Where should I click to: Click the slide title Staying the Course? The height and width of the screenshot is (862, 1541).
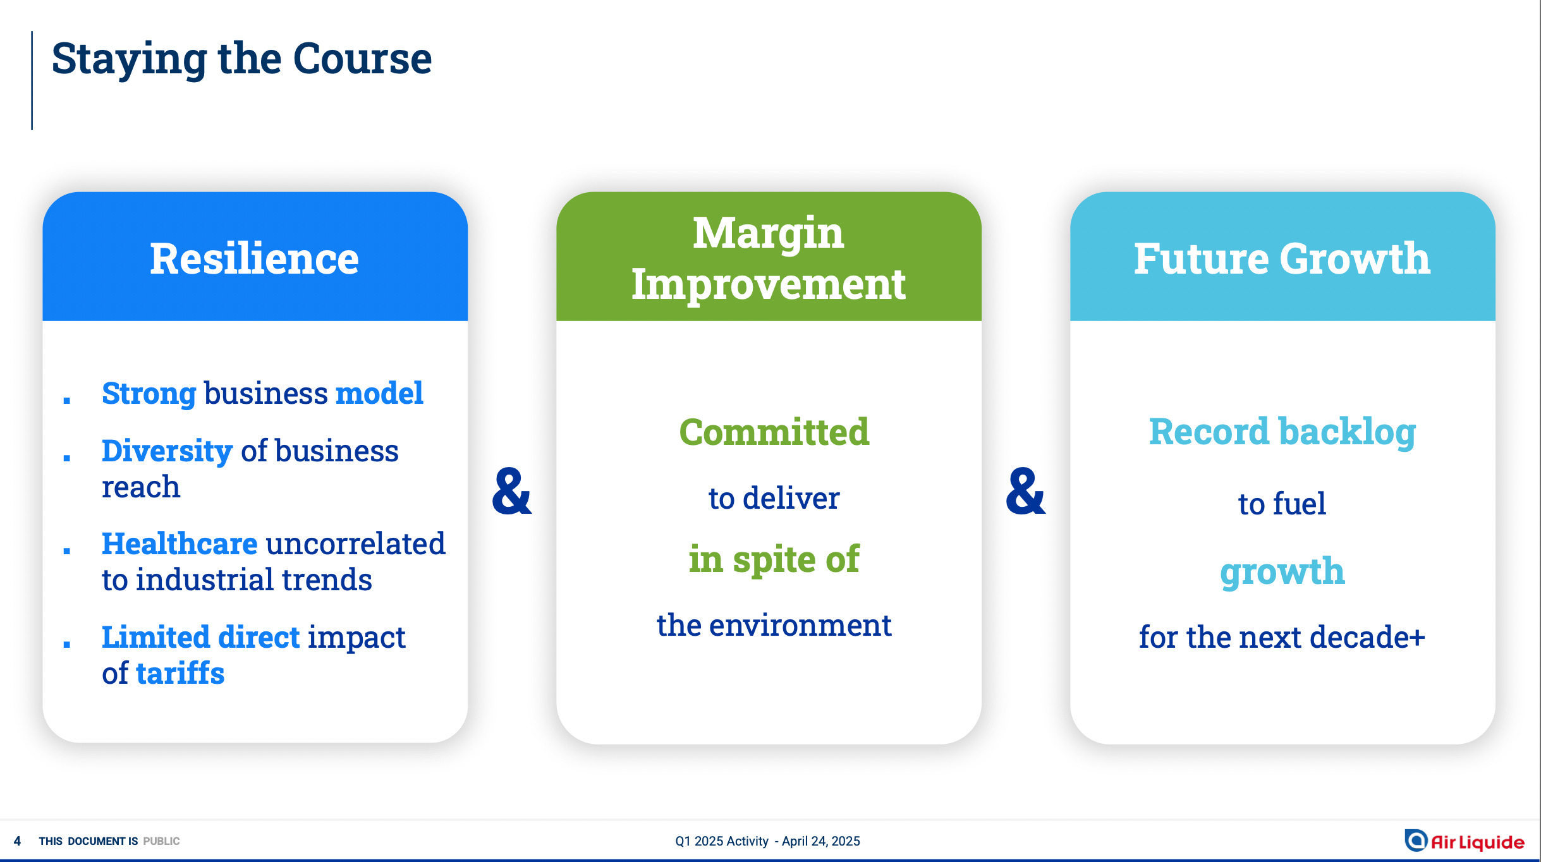[241, 59]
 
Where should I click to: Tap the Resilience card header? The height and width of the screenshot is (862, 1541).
[255, 257]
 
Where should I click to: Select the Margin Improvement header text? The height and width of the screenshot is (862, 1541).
[769, 258]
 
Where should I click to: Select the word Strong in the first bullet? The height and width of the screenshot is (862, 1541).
[149, 394]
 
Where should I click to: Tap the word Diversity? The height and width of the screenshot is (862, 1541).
[167, 451]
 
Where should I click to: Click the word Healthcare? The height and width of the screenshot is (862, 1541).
[180, 543]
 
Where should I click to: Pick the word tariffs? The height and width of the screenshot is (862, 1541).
[181, 673]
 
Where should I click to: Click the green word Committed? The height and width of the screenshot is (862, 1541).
[774, 432]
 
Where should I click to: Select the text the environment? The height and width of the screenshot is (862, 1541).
[774, 625]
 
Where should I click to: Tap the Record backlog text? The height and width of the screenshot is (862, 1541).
[1282, 432]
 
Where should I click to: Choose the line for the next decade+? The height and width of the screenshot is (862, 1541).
[1282, 637]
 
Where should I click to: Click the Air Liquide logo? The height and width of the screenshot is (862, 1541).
[1464, 841]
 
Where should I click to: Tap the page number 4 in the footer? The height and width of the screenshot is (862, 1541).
[17, 841]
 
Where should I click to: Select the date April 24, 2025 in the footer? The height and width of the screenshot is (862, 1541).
[821, 841]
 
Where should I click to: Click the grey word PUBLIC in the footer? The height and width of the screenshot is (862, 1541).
[161, 841]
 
